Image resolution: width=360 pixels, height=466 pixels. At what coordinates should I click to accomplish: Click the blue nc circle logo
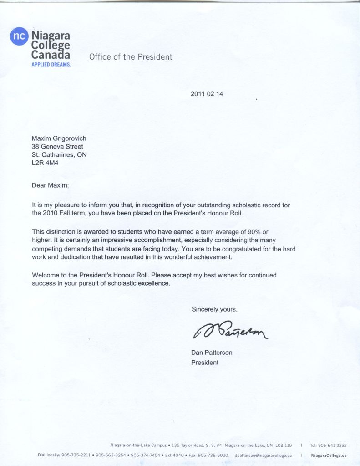pyautogui.click(x=19, y=37)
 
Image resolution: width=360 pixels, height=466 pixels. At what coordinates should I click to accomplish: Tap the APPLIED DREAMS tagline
pyautogui.click(x=51, y=65)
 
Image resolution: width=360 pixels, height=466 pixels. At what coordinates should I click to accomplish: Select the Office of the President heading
pyautogui.click(x=131, y=57)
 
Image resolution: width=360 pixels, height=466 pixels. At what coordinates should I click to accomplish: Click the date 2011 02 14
pyautogui.click(x=207, y=94)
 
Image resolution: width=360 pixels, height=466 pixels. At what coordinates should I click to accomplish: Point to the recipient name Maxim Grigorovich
pyautogui.click(x=59, y=138)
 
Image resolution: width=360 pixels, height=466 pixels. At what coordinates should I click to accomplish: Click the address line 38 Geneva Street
pyautogui.click(x=57, y=146)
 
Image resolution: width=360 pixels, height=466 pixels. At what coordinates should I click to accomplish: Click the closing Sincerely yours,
pyautogui.click(x=214, y=309)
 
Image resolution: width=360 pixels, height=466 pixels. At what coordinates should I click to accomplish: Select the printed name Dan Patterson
pyautogui.click(x=212, y=353)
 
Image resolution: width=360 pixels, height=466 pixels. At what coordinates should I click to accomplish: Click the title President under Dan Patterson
pyautogui.click(x=205, y=363)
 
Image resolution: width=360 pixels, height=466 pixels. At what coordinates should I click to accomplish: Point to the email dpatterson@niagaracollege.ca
pyautogui.click(x=263, y=455)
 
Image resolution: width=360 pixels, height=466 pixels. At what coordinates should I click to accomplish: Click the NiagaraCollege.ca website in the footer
pyautogui.click(x=329, y=455)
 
